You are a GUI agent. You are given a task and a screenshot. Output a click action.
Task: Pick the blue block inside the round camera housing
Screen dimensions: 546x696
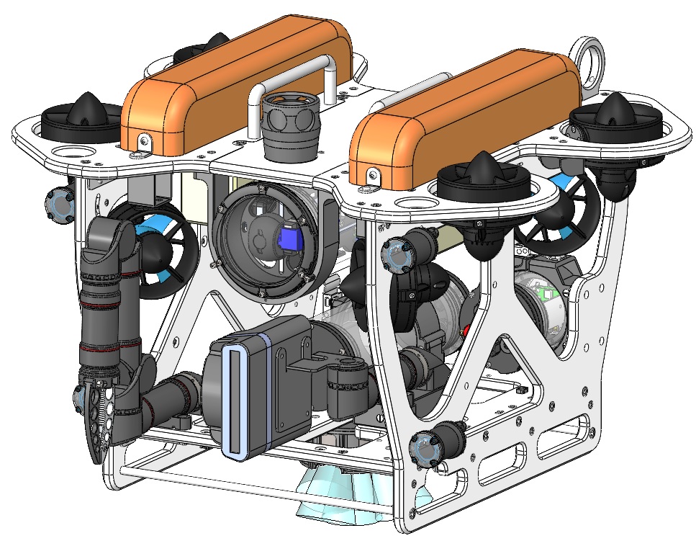click(x=289, y=237)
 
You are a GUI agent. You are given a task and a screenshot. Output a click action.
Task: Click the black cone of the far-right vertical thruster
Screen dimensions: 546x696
click(x=615, y=108)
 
